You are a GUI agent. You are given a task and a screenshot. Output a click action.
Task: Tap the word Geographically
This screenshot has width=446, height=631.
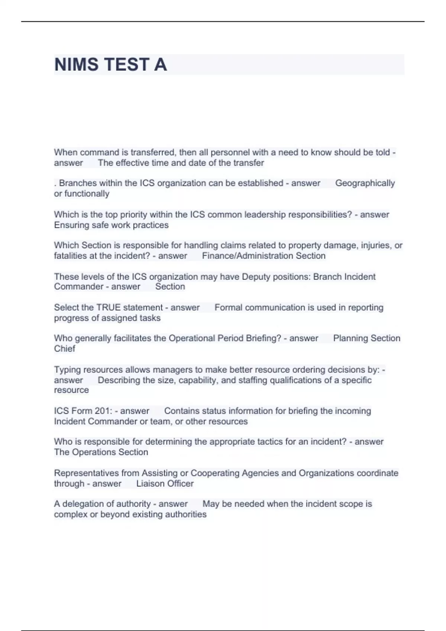(365, 183)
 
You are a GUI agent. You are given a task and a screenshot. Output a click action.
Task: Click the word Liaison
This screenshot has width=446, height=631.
(150, 484)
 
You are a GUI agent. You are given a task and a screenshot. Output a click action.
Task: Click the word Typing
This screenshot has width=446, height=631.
(67, 370)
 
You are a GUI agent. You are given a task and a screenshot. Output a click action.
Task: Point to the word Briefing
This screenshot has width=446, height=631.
(262, 338)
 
